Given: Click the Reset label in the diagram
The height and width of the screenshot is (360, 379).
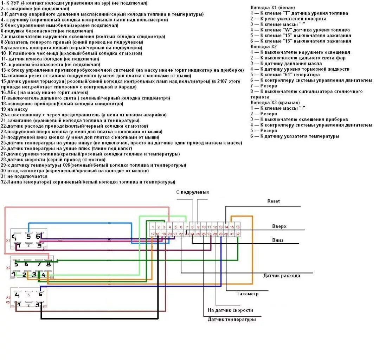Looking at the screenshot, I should point(274,201).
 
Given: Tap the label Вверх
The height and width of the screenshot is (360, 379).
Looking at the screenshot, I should point(279,226).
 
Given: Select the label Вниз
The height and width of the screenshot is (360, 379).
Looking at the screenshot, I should point(277,240).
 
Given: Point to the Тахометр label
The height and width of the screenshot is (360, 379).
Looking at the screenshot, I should point(248,294).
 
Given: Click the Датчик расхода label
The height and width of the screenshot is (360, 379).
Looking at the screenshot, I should point(282,276).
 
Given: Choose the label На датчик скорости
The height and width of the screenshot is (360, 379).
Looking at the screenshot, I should point(230,310).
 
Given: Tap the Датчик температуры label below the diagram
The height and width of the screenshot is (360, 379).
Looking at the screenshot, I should point(232,319).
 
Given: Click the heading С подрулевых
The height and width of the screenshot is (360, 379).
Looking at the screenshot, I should point(193,192).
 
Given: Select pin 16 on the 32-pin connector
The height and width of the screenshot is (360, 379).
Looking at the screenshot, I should point(238,227).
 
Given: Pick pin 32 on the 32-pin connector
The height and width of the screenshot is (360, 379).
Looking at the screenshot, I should point(238,234).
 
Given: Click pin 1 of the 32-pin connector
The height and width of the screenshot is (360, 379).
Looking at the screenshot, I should point(153,227).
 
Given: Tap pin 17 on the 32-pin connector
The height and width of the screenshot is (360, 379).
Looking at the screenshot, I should point(153,234).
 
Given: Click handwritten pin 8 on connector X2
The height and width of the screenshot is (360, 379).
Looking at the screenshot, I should point(48,264).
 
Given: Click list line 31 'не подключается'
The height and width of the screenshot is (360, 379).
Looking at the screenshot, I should point(24,176).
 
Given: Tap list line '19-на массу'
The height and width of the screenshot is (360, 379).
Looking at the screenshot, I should point(14,109).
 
